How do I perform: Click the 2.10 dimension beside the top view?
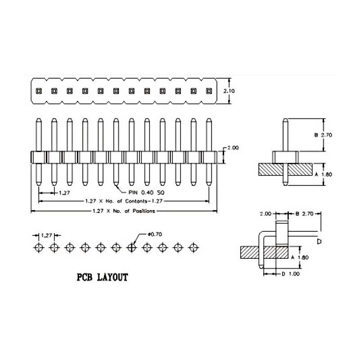click(x=229, y=91)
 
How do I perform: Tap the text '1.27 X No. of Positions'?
click(x=124, y=211)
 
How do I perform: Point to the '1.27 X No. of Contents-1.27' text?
click(x=123, y=201)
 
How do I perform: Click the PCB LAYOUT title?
click(x=102, y=277)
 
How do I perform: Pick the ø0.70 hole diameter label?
click(x=155, y=234)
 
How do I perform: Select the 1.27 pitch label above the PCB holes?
click(x=46, y=235)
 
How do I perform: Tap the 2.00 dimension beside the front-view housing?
click(x=232, y=148)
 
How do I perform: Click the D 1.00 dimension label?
click(x=290, y=274)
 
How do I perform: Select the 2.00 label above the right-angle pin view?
click(x=265, y=214)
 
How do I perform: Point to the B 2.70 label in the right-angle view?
click(x=304, y=214)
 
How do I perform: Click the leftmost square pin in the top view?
click(x=39, y=91)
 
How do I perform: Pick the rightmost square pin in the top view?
click(x=208, y=91)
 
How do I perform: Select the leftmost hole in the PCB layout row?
click(x=39, y=247)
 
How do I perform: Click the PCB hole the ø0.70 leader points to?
click(x=132, y=247)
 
